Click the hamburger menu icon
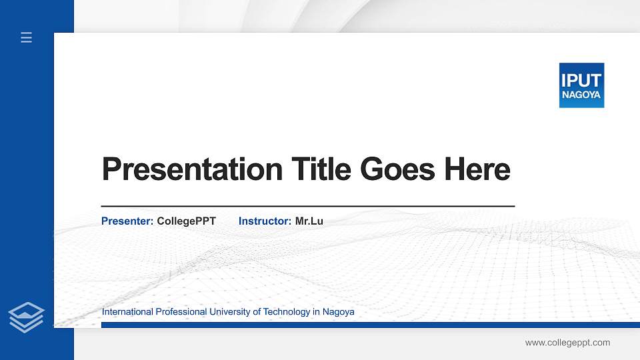(27, 38)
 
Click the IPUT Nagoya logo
(581, 85)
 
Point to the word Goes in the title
(398, 169)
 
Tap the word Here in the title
(477, 169)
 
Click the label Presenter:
(127, 221)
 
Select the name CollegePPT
(187, 221)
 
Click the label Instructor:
(265, 221)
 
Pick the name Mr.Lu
(309, 221)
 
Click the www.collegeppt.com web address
(567, 343)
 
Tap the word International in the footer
(127, 312)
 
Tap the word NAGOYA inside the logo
(581, 95)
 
